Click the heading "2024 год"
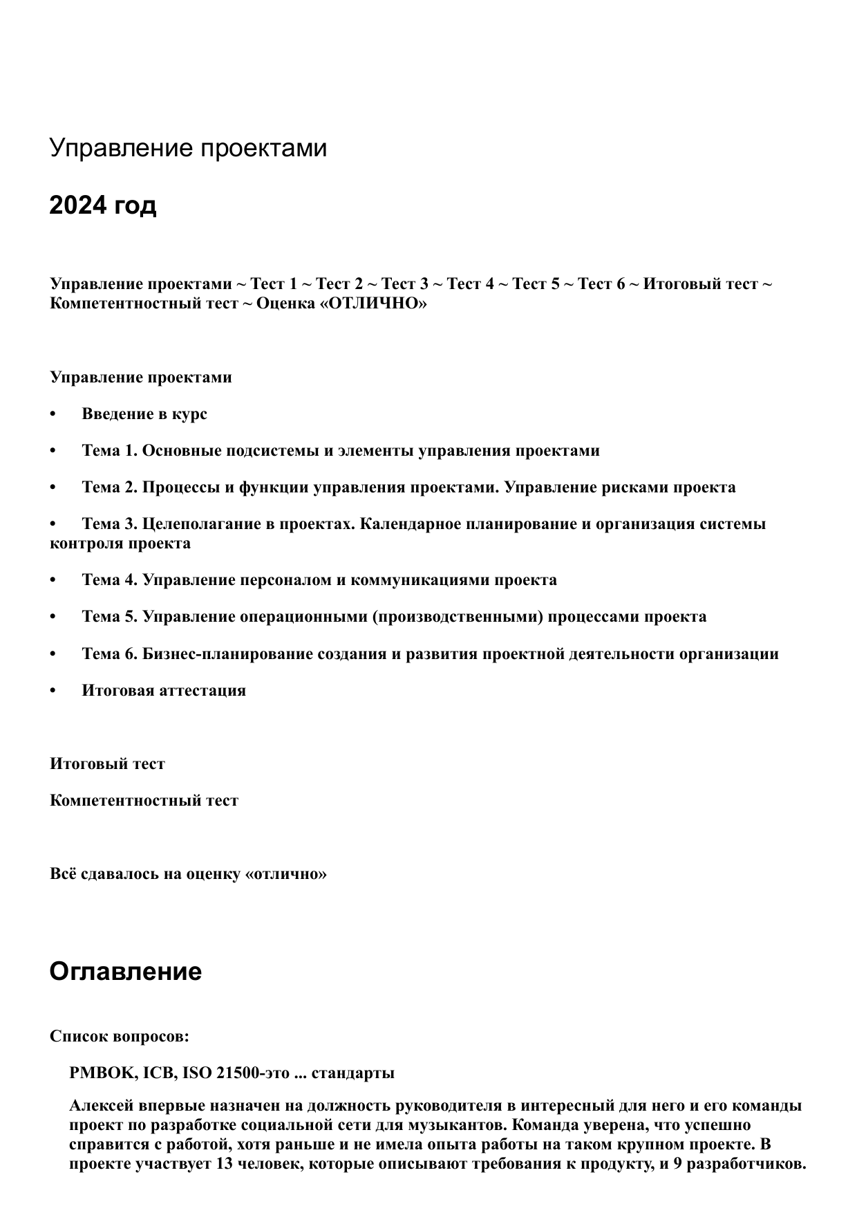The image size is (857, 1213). tap(103, 205)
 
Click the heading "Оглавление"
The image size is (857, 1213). tap(125, 972)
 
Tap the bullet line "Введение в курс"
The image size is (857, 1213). tap(144, 414)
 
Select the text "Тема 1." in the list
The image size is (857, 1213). tap(110, 451)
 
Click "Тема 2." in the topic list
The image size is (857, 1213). tap(110, 488)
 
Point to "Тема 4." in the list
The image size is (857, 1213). tap(110, 580)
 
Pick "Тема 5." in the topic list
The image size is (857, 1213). tap(110, 616)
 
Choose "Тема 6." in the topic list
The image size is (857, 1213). tap(110, 654)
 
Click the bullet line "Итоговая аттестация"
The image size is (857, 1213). tap(163, 690)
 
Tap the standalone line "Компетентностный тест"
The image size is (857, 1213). tap(144, 801)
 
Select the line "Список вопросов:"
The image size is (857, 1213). tap(120, 1037)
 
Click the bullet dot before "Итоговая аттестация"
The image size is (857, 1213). tap(53, 691)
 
